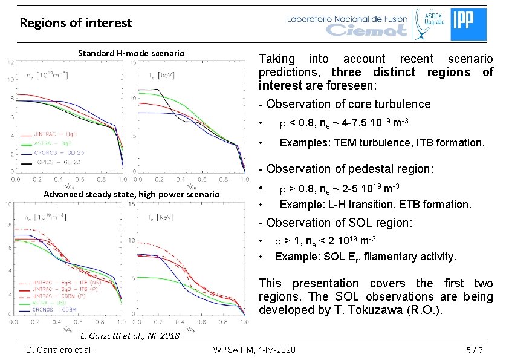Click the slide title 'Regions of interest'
[x=76, y=24]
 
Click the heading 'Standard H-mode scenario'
[x=131, y=53]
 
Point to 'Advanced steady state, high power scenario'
[x=131, y=194]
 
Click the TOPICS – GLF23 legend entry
[x=59, y=163]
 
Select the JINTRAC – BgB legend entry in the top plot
[x=59, y=136]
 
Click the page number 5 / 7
[x=474, y=350]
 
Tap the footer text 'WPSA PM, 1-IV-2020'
[x=254, y=350]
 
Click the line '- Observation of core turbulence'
[x=345, y=104]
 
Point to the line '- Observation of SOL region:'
[x=336, y=223]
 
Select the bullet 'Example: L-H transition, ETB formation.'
[x=375, y=205]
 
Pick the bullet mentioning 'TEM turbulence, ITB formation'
[x=381, y=143]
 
